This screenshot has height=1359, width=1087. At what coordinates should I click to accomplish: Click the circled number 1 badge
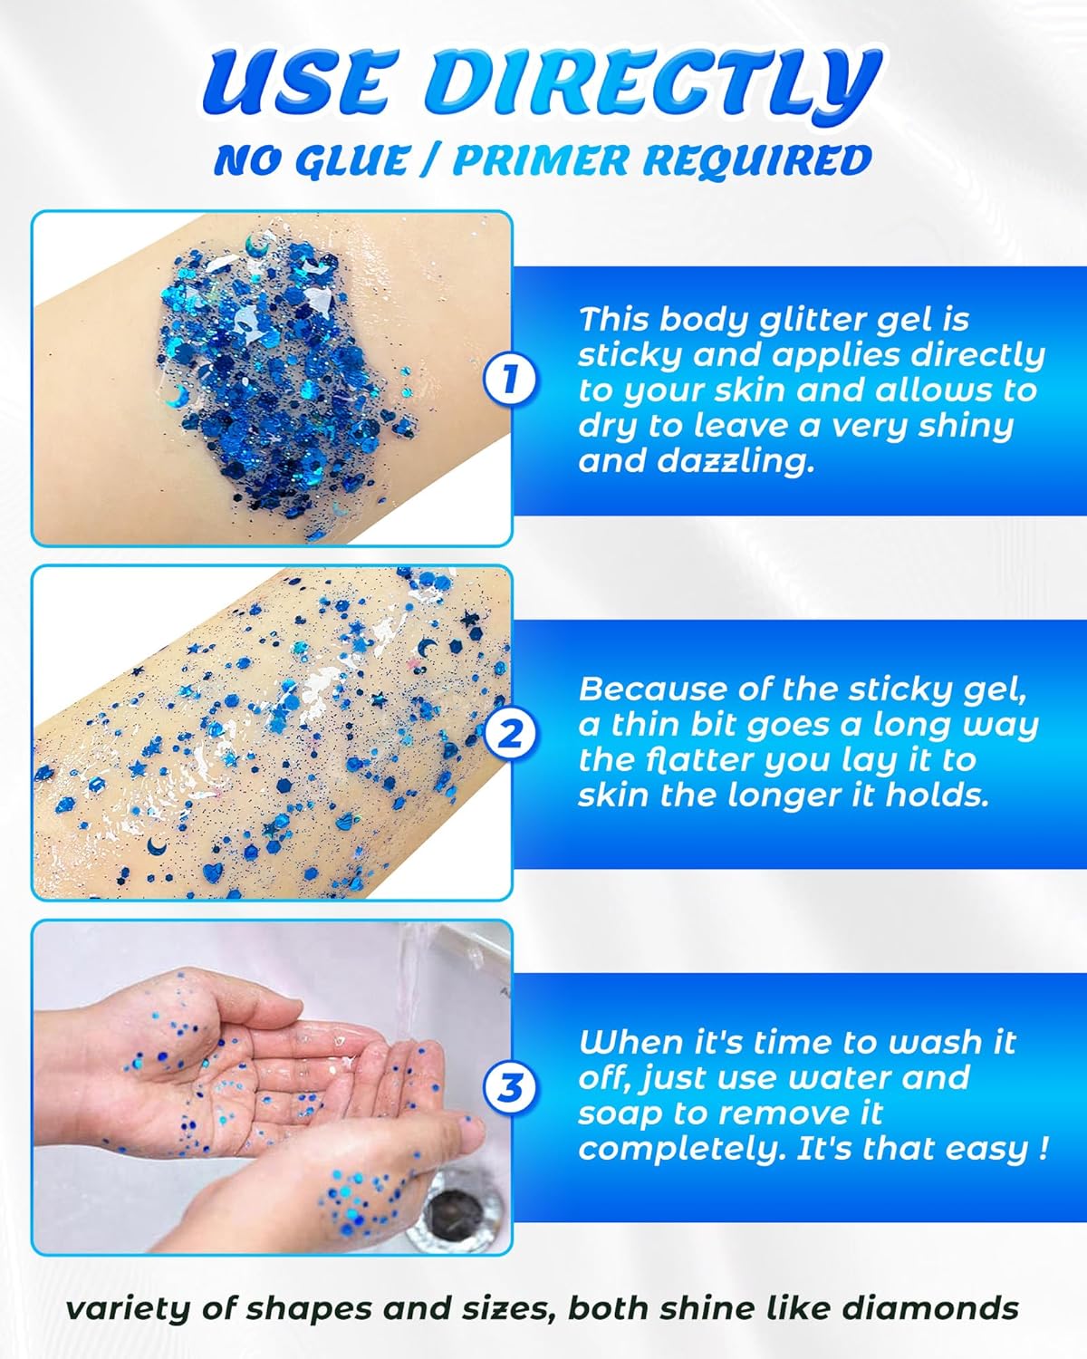511,379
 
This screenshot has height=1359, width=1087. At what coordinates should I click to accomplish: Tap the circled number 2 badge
511,733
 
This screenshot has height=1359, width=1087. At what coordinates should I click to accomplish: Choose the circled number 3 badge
511,1086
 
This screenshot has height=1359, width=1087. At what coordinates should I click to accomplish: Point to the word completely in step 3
681,1148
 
